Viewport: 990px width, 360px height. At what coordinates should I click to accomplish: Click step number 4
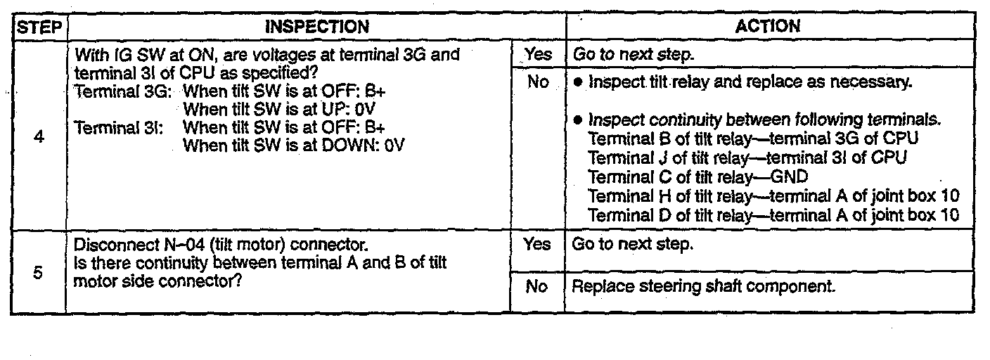click(x=39, y=138)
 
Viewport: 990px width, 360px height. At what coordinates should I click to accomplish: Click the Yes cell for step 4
click(x=538, y=54)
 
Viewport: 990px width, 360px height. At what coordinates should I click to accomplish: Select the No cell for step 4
click(x=538, y=82)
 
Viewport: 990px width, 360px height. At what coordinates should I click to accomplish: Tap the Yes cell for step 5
click(x=538, y=245)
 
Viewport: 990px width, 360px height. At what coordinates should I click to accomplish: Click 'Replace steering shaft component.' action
click(x=704, y=287)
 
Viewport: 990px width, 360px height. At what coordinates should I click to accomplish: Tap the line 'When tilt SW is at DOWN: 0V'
click(x=294, y=146)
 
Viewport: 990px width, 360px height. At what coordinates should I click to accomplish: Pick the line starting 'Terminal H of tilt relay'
click(x=773, y=195)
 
